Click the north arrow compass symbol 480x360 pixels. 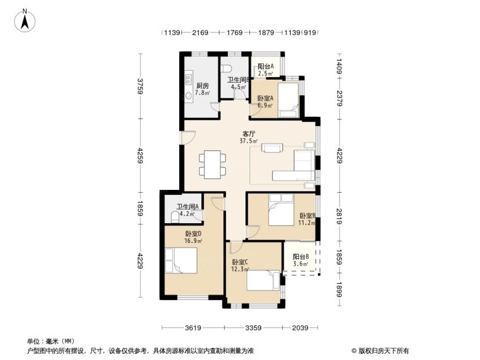pos(25,20)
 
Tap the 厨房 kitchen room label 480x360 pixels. pos(202,86)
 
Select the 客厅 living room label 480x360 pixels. pos(249,134)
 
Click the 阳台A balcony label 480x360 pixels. pos(265,66)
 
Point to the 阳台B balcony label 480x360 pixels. pos(301,257)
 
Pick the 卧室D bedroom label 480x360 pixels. pos(193,234)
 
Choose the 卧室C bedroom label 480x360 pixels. pos(240,262)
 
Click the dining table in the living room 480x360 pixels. pos(213,164)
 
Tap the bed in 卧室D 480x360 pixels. pos(181,260)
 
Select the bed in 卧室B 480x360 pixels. pos(281,210)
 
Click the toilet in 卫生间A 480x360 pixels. pos(175,217)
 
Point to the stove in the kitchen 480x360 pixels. pos(189,78)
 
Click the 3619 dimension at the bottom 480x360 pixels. pos(193,328)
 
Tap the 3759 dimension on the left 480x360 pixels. pos(140,86)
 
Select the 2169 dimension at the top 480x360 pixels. pos(200,32)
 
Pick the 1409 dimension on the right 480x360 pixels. pos(339,67)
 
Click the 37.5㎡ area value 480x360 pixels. pos(249,141)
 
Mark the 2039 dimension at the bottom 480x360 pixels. pos(300,328)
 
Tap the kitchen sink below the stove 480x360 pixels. pos(189,95)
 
